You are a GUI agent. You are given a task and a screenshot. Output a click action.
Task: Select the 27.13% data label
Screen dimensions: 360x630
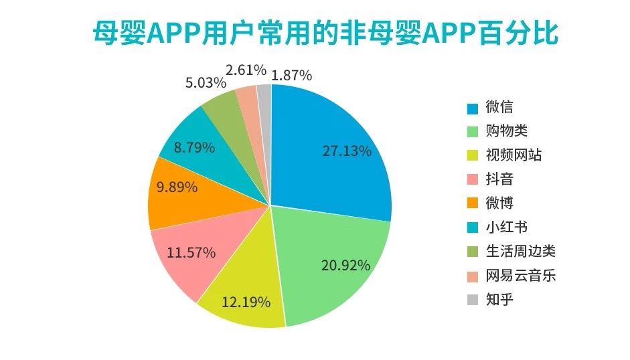(x=346, y=151)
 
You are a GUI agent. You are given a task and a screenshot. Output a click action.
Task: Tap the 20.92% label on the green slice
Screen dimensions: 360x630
(x=345, y=265)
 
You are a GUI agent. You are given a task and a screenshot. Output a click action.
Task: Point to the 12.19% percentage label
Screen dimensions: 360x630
(x=246, y=302)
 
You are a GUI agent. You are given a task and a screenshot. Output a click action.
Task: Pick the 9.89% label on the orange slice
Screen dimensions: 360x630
(x=177, y=187)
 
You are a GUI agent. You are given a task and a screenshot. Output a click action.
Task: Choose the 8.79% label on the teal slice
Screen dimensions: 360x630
(x=194, y=147)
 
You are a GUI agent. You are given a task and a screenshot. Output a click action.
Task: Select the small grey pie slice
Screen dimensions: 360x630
(x=264, y=97)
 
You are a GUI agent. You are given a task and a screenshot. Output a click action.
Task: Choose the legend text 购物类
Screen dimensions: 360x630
(x=507, y=131)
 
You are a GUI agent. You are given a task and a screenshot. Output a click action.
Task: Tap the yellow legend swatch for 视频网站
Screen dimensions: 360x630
(x=473, y=156)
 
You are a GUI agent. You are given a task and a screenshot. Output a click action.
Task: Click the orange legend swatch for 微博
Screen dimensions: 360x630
(x=473, y=203)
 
